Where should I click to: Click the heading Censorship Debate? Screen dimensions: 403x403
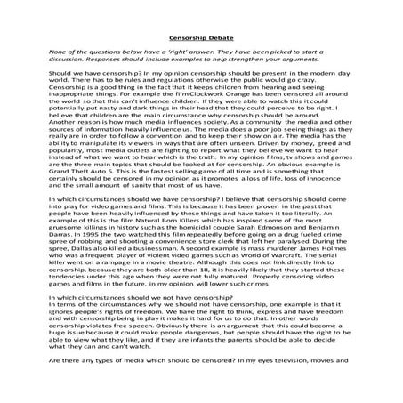[x=200, y=38]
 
